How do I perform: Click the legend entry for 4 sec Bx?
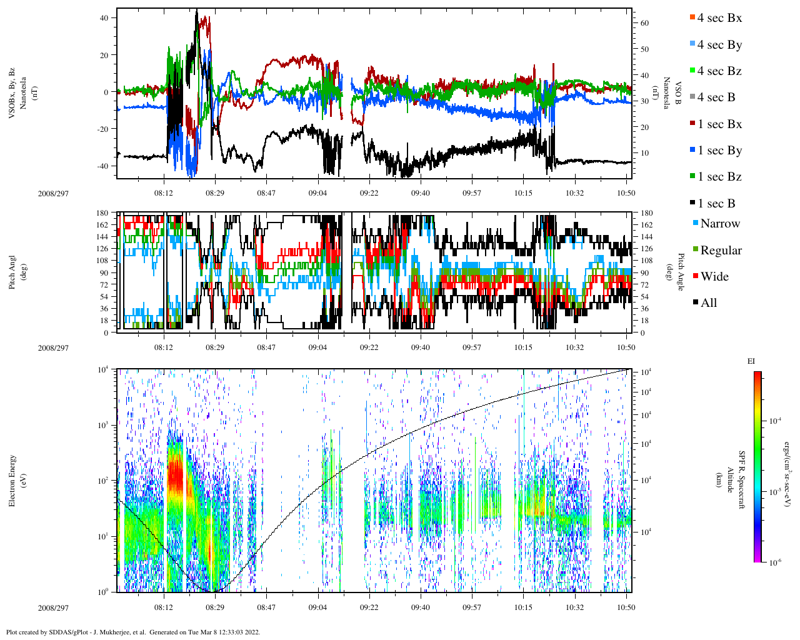(719, 18)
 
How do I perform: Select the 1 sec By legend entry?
(719, 151)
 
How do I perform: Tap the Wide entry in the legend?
(714, 277)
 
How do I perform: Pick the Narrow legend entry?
(719, 224)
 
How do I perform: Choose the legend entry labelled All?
(708, 303)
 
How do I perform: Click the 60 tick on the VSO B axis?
(644, 23)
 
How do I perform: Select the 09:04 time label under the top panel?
(317, 194)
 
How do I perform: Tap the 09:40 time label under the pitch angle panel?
(420, 347)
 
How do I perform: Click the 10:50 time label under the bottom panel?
(626, 607)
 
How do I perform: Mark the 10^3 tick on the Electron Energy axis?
(104, 425)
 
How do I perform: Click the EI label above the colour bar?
(751, 361)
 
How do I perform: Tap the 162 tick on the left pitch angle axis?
(102, 225)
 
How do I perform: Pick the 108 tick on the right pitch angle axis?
(646, 261)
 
